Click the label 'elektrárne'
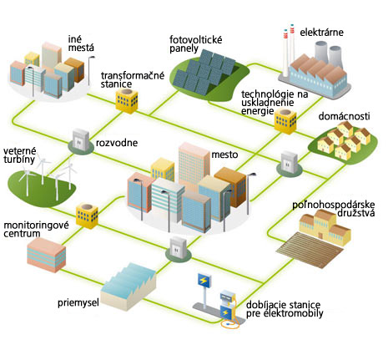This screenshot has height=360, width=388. tap(321, 33)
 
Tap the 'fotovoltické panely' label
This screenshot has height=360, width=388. tap(196, 44)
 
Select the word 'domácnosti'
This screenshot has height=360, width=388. tap(344, 116)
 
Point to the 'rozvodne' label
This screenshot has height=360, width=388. tap(117, 143)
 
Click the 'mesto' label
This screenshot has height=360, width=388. tap(224, 155)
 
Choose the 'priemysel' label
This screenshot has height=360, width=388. tap(78, 302)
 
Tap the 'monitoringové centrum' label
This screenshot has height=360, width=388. tap(36, 229)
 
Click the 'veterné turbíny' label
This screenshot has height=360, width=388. tap(20, 155)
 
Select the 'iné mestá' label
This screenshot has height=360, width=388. tap(81, 43)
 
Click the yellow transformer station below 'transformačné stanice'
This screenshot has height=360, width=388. tap(127, 101)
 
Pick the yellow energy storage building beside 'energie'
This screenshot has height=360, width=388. tap(285, 121)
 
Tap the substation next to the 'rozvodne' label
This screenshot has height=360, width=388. tap(81, 142)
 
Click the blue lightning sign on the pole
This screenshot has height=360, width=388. tap(204, 281)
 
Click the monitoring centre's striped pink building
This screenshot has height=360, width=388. tap(47, 255)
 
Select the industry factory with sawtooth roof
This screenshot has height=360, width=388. tap(128, 286)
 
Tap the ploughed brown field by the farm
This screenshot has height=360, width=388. tap(310, 251)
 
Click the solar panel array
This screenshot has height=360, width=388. tap(205, 73)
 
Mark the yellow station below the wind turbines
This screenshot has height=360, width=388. tap(87, 215)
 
